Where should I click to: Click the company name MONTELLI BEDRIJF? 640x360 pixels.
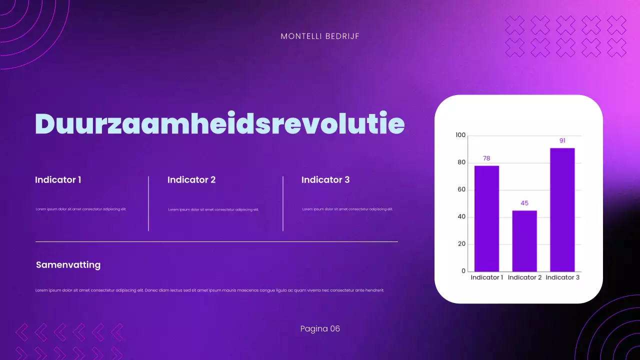click(x=320, y=36)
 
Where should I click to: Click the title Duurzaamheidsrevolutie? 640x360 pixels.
click(x=219, y=123)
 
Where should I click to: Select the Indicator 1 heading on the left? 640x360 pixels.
click(x=58, y=179)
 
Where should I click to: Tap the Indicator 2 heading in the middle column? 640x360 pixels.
click(x=191, y=179)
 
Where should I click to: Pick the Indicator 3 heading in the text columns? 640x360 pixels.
click(x=325, y=179)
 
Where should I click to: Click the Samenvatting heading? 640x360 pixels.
click(x=68, y=265)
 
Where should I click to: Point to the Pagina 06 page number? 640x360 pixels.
click(x=320, y=328)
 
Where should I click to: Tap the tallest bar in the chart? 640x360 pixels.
click(x=562, y=209)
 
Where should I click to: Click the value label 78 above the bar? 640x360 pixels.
click(x=486, y=158)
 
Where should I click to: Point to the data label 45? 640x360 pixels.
click(x=524, y=203)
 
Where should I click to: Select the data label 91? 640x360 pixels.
click(x=562, y=140)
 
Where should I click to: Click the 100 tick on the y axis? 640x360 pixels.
click(x=460, y=135)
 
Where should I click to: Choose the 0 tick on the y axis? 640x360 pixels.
click(x=463, y=271)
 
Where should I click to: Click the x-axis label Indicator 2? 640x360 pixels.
click(x=524, y=277)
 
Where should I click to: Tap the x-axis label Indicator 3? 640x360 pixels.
click(x=562, y=277)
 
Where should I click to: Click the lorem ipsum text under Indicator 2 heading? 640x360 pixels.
click(x=213, y=209)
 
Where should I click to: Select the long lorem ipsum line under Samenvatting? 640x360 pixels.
click(x=210, y=290)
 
